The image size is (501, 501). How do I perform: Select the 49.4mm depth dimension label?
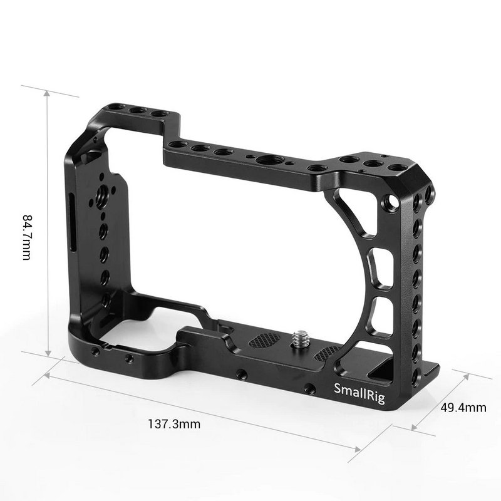click(x=463, y=408)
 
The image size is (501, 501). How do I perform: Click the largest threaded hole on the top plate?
click(x=274, y=160)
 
